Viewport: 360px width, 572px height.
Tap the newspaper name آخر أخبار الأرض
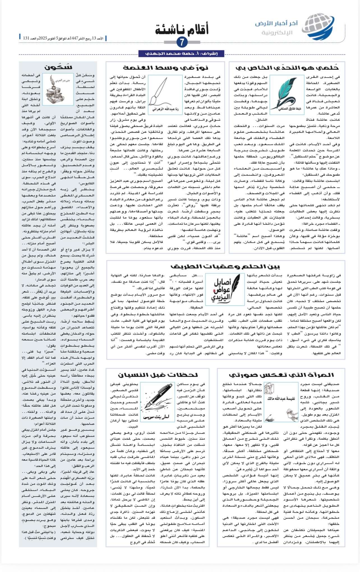(276, 24)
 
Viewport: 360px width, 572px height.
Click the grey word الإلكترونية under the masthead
(277, 33)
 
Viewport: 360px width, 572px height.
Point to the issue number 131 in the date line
(26, 38)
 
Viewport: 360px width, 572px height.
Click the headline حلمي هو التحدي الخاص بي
(287, 68)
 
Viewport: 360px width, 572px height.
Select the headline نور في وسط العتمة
(165, 68)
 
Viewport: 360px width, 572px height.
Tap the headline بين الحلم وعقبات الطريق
(225, 266)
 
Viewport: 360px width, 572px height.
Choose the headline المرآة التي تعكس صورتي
(281, 375)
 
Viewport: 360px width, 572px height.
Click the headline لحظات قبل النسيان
(158, 375)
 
